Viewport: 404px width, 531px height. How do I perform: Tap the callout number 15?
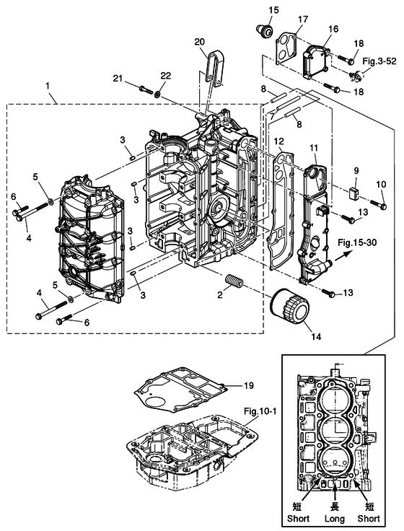(273, 9)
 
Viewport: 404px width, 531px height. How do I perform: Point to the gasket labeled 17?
(286, 48)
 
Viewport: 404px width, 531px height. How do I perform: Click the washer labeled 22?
(158, 93)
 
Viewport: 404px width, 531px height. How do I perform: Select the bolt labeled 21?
(146, 89)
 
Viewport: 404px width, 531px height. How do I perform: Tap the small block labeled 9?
(354, 193)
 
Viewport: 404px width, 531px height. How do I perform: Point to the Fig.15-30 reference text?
(357, 242)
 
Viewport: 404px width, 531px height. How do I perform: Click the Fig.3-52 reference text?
(379, 61)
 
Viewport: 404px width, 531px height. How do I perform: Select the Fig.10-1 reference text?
(260, 411)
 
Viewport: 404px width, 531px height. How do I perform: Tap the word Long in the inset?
(334, 519)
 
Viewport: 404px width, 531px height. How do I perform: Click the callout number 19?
(249, 385)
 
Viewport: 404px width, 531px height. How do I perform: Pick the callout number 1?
(48, 86)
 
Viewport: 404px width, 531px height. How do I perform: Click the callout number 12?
(279, 141)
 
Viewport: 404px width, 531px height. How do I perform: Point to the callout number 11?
(314, 148)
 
